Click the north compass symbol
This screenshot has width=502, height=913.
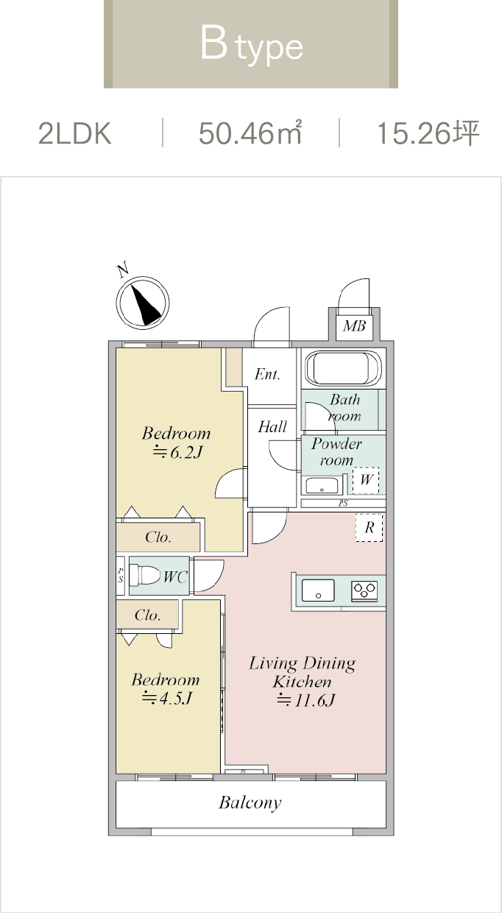[143, 302]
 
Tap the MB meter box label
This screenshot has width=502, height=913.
[354, 325]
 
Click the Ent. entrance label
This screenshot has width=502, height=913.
[267, 375]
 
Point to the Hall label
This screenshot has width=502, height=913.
[272, 426]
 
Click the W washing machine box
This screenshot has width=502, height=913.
[367, 482]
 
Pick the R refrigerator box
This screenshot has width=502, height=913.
[370, 527]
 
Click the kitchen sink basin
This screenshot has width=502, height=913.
[317, 591]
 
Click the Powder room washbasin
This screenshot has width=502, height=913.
[322, 486]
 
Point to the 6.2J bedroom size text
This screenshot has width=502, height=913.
[177, 452]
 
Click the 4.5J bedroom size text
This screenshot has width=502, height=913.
[166, 698]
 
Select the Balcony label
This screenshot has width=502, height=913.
[250, 803]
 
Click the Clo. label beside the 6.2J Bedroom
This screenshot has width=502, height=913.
[158, 537]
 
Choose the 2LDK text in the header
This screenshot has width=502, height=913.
[74, 134]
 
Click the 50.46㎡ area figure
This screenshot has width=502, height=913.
[250, 134]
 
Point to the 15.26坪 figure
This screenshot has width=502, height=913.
[428, 134]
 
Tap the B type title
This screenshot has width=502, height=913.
[251, 46]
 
